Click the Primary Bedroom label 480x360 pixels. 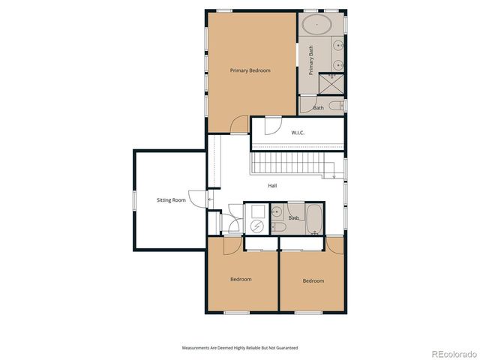pos(250,70)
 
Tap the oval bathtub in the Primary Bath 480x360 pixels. pos(317,25)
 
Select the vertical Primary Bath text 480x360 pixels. pos(311,61)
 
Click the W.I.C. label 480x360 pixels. pos(298,133)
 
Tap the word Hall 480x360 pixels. pos(273,185)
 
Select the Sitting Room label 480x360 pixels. pos(171,200)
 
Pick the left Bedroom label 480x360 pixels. pos(241,279)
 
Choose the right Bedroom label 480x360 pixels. pos(313,280)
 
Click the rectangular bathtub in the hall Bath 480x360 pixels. pos(313,219)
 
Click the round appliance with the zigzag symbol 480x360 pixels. pos(256,226)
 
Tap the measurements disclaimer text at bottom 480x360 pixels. pos(239,348)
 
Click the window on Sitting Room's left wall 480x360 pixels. pos(134,200)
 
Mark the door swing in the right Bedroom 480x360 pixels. pos(334,244)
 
